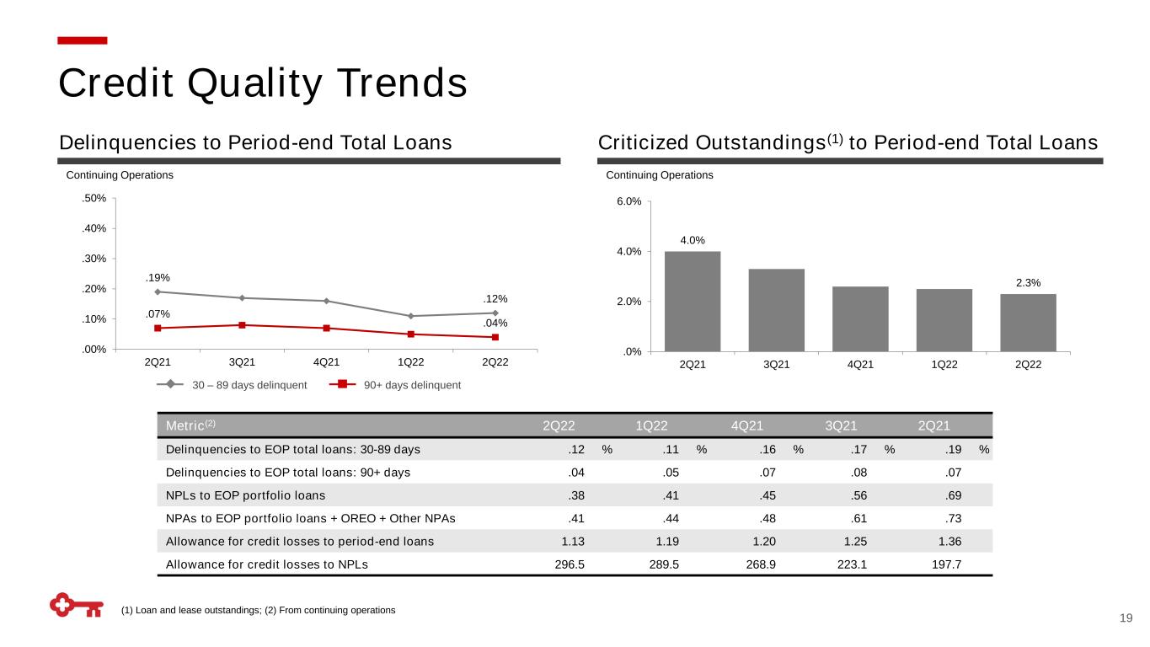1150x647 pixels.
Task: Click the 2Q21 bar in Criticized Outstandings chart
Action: (692, 301)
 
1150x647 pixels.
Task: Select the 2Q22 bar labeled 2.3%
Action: (1028, 322)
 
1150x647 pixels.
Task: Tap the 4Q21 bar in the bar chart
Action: (860, 318)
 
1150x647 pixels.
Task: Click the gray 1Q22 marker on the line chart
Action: (410, 316)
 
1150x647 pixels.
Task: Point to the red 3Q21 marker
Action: (242, 325)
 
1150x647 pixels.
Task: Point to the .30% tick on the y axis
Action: (93, 259)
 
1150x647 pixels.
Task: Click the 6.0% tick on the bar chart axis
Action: (628, 201)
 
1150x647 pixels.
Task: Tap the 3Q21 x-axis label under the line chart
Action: (242, 362)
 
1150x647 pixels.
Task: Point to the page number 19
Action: (1126, 619)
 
